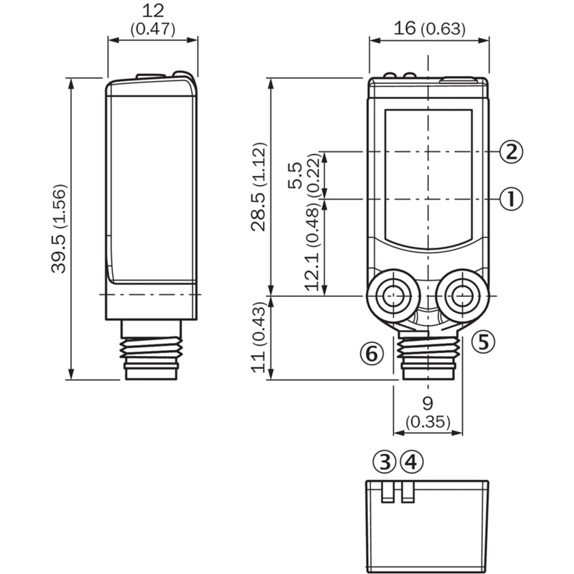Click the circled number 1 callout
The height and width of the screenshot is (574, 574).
pyautogui.click(x=512, y=199)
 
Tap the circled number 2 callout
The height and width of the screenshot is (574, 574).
pyautogui.click(x=512, y=152)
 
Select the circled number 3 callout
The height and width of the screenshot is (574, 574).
pyautogui.click(x=385, y=461)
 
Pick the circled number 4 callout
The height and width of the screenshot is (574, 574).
pyautogui.click(x=412, y=461)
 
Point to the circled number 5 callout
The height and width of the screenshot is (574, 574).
pyautogui.click(x=483, y=342)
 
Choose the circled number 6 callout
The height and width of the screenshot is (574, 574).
pyautogui.click(x=372, y=354)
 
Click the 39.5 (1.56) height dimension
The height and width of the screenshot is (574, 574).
pyautogui.click(x=60, y=229)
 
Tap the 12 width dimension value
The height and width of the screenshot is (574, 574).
pyautogui.click(x=153, y=11)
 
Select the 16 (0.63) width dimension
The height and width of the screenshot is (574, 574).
pyautogui.click(x=429, y=29)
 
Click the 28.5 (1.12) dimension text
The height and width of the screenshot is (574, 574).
pyautogui.click(x=259, y=187)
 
